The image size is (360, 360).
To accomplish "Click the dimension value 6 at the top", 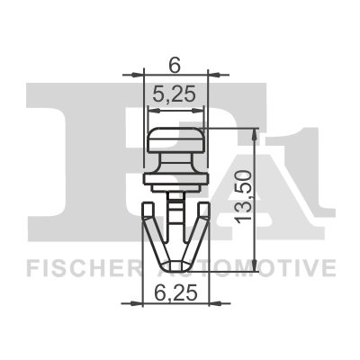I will click(x=175, y=63).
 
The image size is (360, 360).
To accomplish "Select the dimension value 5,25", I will click(x=176, y=93).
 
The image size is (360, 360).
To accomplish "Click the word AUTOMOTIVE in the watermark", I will click(x=261, y=268).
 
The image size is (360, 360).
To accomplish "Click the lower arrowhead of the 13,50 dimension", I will click(x=257, y=265).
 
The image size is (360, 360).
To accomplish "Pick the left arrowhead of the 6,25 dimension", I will click(x=147, y=302).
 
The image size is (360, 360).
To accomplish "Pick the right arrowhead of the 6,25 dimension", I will click(x=206, y=302).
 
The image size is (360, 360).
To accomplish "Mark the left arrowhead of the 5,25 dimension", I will click(x=151, y=109).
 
